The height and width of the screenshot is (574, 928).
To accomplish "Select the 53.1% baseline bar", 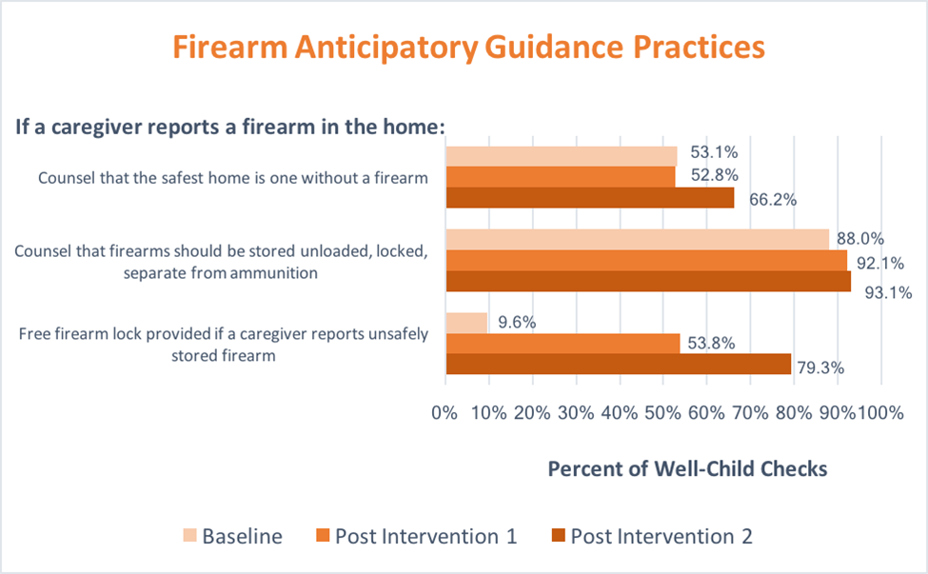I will point(561,155).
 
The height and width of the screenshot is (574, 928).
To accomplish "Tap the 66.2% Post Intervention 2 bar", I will point(589,197).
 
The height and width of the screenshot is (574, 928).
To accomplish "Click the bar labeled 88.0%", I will point(637,239).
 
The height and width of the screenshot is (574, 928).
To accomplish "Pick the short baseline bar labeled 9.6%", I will point(466,323).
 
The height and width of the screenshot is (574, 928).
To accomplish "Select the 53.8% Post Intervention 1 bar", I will point(563,344).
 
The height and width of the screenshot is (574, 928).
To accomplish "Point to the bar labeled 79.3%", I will point(618,365).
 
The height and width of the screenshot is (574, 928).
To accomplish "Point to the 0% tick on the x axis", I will point(444,414).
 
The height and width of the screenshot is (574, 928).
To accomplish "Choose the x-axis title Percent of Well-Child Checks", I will point(687,468).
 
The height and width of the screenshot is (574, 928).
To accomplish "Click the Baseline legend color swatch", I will point(187,536).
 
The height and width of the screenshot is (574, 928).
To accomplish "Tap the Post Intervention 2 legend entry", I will point(661,536).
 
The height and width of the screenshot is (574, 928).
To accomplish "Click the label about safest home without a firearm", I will point(234,177).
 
